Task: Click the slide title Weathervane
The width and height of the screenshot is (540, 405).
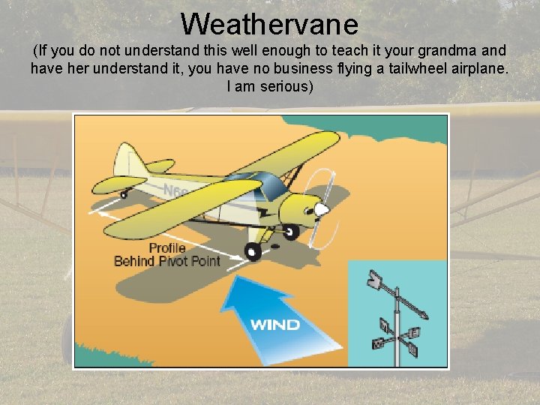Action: [269, 24]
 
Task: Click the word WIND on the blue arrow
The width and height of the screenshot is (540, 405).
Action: [274, 325]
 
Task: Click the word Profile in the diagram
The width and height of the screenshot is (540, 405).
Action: [166, 248]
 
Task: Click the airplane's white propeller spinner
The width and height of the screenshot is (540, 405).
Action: [320, 209]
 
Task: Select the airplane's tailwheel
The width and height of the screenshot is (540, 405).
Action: [124, 194]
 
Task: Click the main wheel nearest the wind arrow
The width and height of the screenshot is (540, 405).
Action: [253, 251]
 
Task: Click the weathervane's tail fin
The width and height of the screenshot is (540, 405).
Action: [375, 280]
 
